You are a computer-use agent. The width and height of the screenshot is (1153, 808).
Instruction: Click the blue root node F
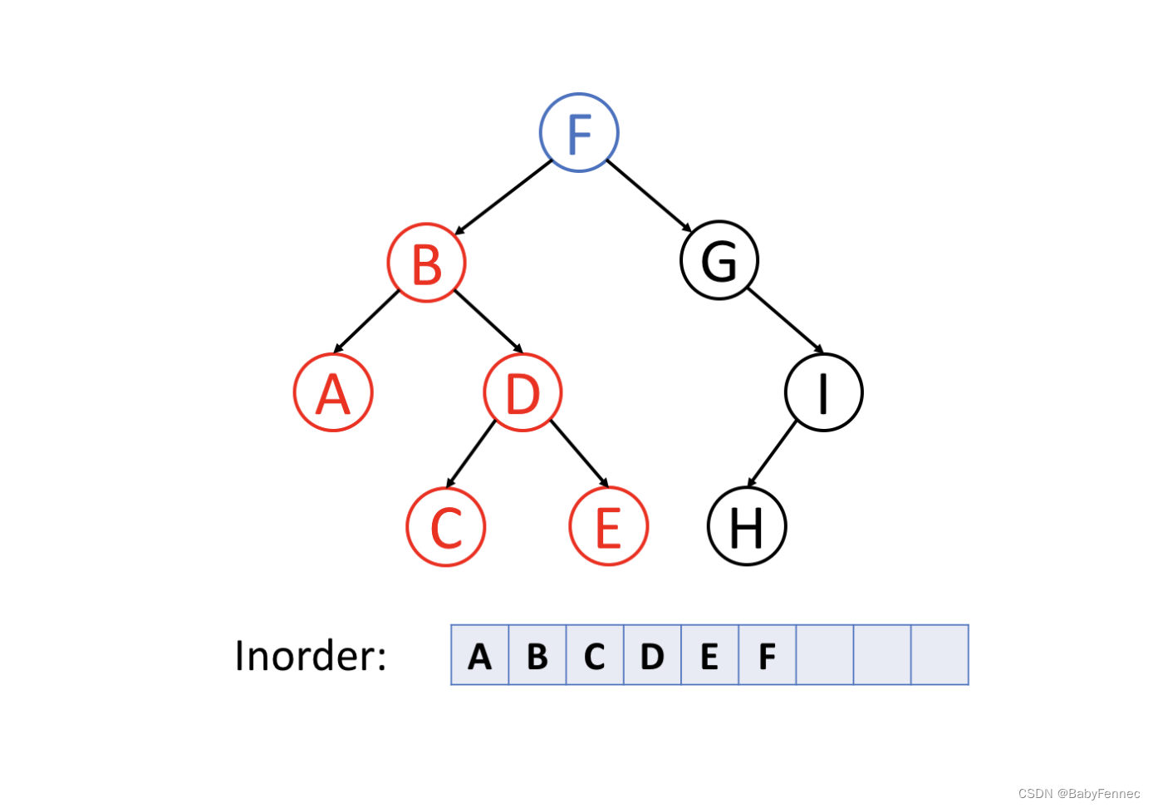pyautogui.click(x=579, y=133)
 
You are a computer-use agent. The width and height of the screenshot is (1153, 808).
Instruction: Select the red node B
pyautogui.click(x=427, y=264)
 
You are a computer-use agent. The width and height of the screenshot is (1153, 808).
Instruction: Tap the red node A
pyautogui.click(x=333, y=392)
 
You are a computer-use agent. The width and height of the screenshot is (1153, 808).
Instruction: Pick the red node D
pyautogui.click(x=523, y=392)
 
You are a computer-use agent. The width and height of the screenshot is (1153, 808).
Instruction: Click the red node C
pyautogui.click(x=446, y=526)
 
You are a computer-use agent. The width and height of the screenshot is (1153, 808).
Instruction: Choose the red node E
pyautogui.click(x=609, y=526)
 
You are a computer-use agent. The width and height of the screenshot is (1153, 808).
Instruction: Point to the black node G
pyautogui.click(x=719, y=260)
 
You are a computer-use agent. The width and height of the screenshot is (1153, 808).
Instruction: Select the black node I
pyautogui.click(x=824, y=392)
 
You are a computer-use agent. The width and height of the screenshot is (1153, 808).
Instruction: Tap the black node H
pyautogui.click(x=747, y=526)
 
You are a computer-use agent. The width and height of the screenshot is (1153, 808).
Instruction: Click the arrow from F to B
pyautogui.click(x=503, y=197)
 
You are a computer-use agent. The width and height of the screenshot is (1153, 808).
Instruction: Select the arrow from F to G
pyautogui.click(x=649, y=195)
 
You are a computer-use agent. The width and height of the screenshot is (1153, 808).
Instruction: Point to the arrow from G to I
pyautogui.click(x=785, y=320)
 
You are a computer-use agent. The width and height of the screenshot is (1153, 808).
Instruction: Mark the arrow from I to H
pyautogui.click(x=773, y=454)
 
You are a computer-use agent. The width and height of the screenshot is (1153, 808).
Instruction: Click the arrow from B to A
pyautogui.click(x=367, y=322)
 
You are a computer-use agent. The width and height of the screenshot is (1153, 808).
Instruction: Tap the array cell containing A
pyautogui.click(x=480, y=655)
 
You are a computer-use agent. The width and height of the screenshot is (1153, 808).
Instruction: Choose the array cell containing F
pyautogui.click(x=768, y=655)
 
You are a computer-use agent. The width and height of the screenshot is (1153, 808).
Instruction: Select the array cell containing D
pyautogui.click(x=653, y=655)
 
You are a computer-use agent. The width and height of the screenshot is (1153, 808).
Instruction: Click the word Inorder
pyautogui.click(x=311, y=656)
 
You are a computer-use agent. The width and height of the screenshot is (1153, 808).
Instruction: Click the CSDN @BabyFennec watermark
pyautogui.click(x=1078, y=794)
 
